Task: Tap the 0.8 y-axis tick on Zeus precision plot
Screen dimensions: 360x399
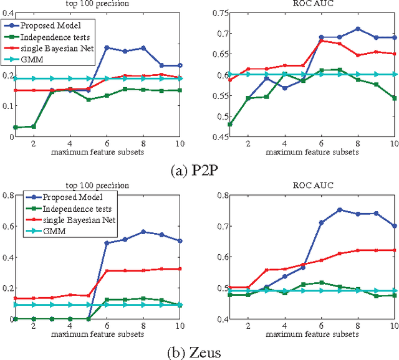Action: (x=9, y=196)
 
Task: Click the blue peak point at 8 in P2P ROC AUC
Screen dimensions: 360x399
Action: (x=357, y=29)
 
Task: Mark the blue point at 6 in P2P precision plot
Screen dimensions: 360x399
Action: (x=107, y=47)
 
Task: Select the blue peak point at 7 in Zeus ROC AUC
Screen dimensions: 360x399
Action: (x=339, y=210)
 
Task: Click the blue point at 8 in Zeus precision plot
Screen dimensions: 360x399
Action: (x=143, y=232)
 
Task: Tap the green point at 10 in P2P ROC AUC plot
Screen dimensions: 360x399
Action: (x=394, y=98)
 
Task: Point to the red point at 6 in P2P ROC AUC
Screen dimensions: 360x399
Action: (x=321, y=41)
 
